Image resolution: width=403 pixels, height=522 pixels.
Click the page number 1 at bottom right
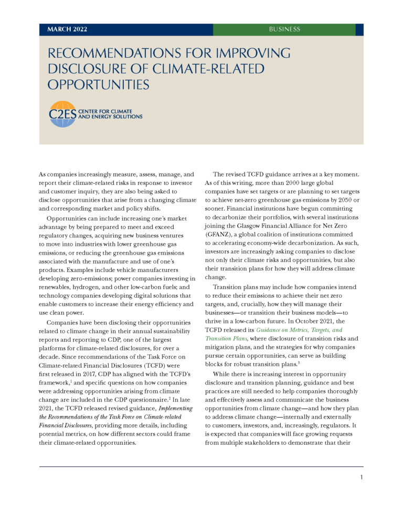point(362,477)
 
